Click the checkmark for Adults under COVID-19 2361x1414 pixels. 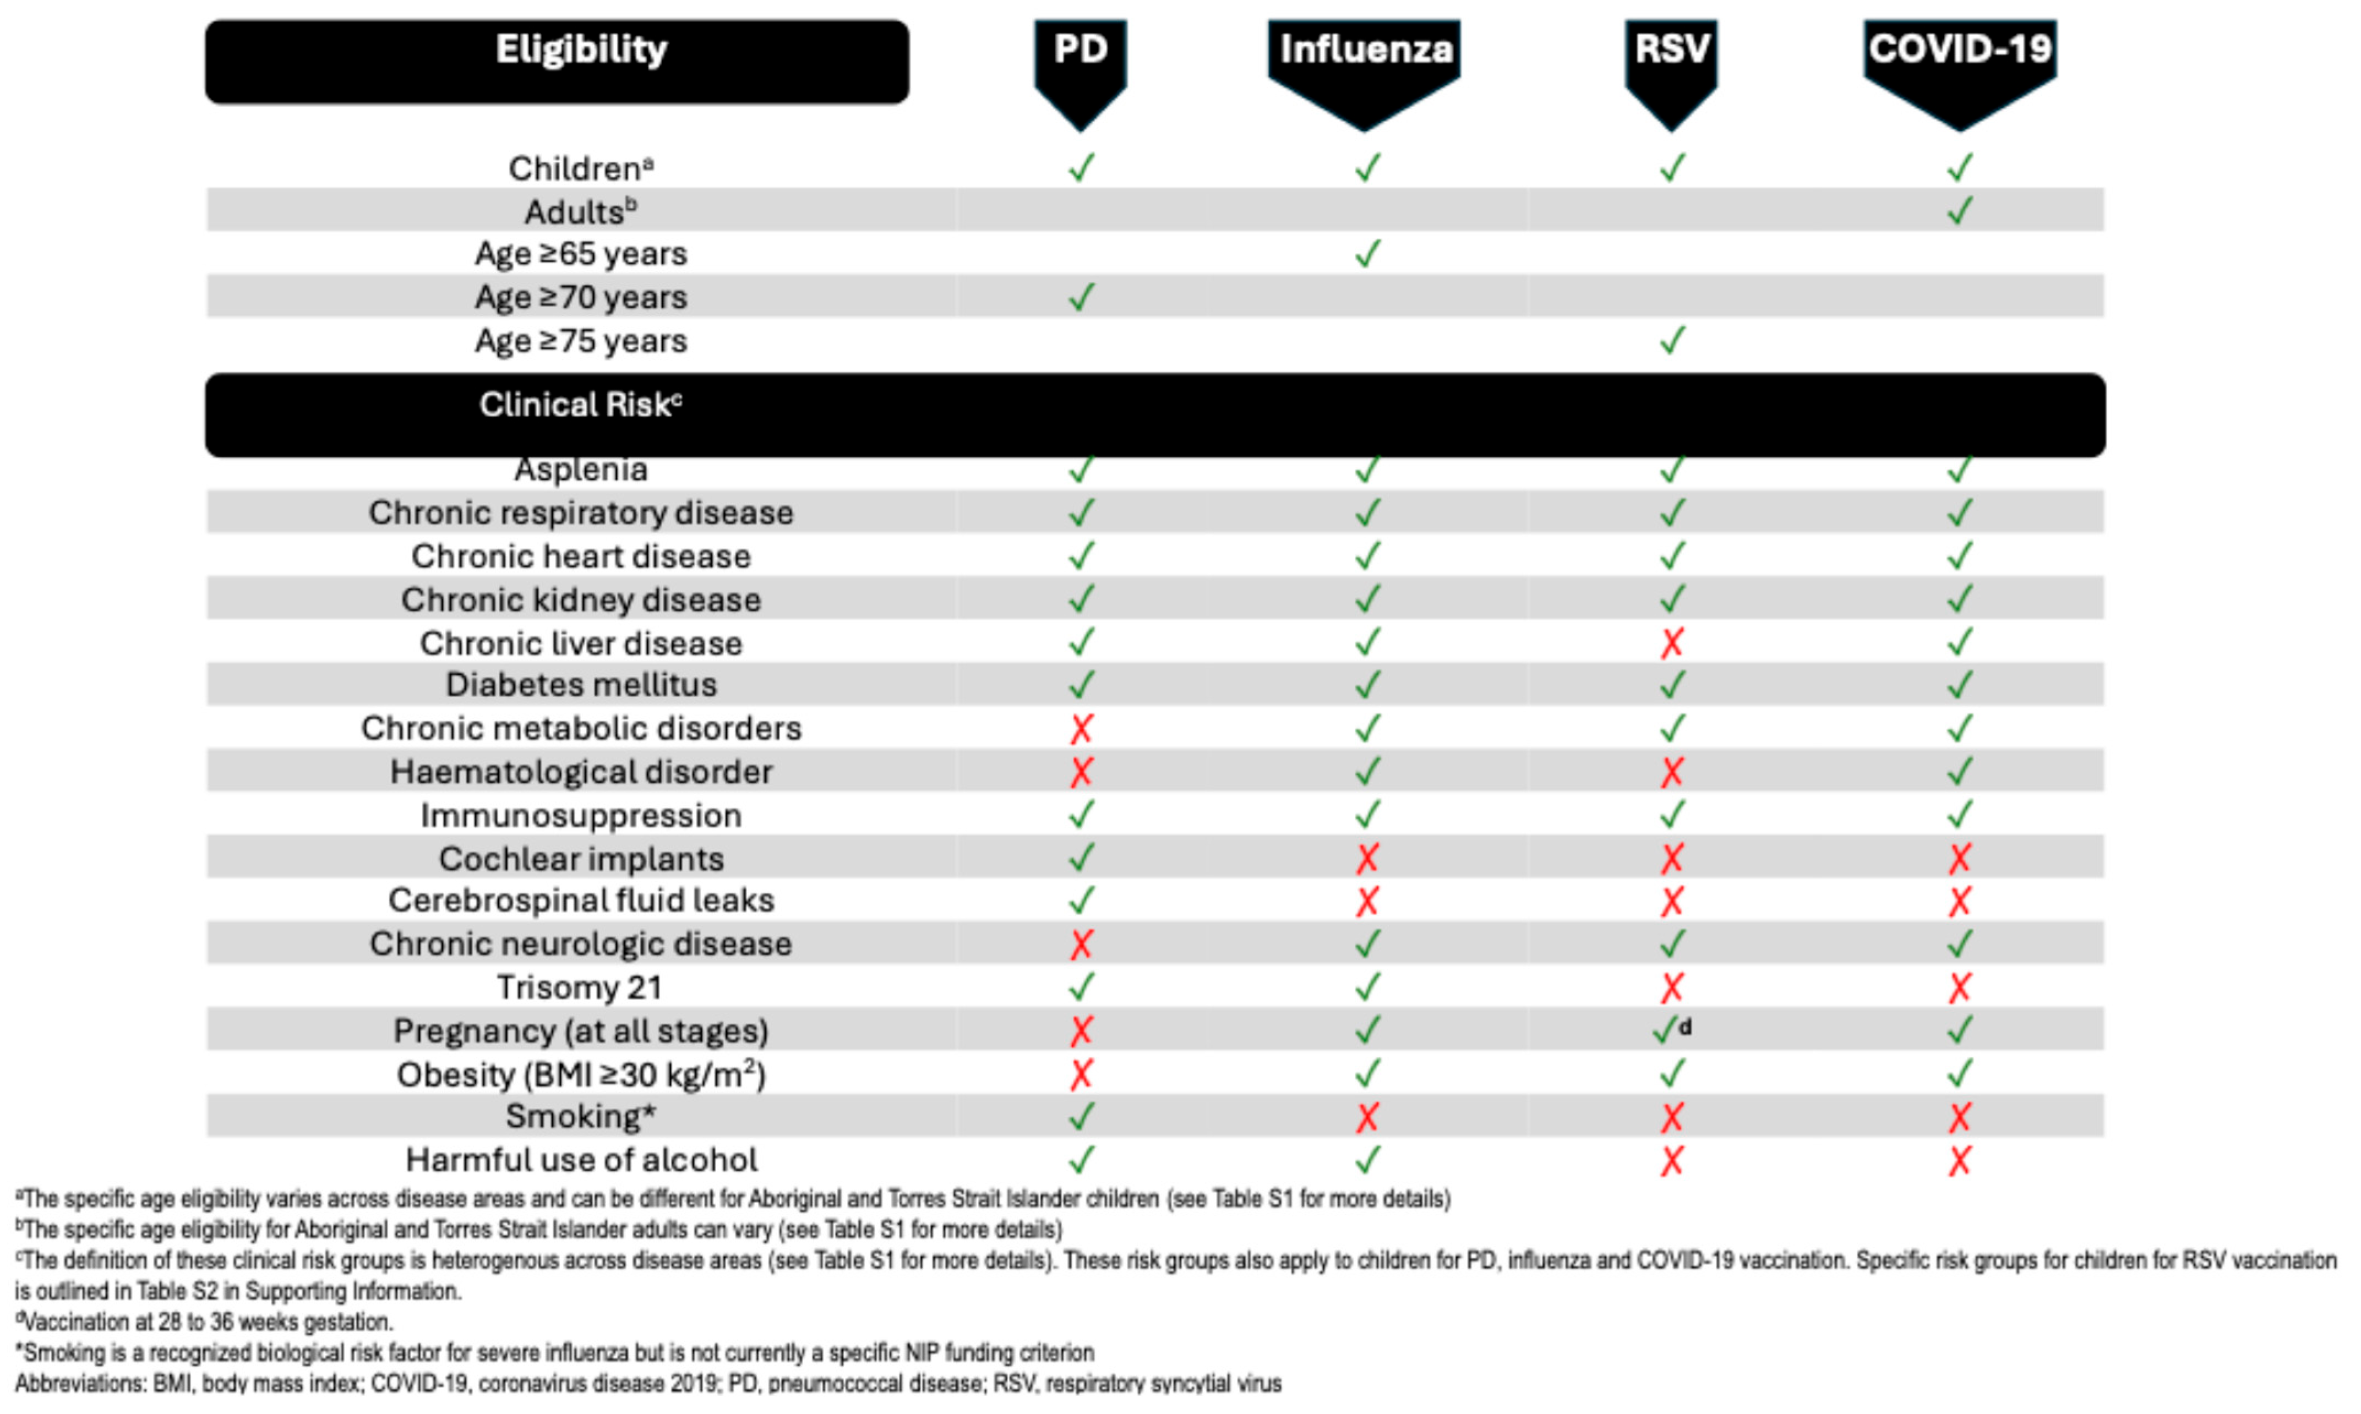click(x=1959, y=211)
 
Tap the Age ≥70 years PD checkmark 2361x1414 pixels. click(x=1081, y=297)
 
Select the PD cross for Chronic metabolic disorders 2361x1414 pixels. click(x=1081, y=729)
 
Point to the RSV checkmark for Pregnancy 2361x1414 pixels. click(x=1665, y=1030)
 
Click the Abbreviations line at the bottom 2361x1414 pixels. click(x=648, y=1383)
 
